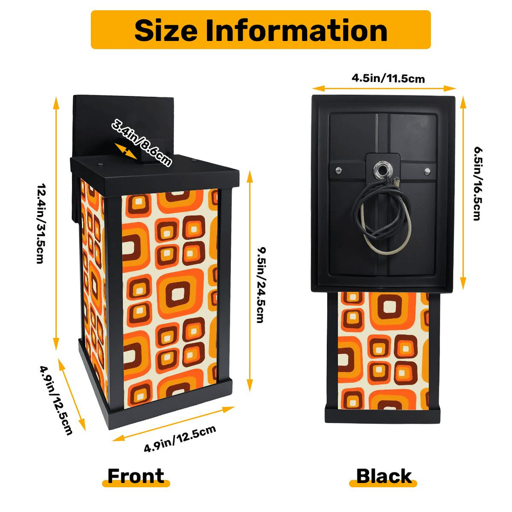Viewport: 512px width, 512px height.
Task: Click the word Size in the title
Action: coord(166,30)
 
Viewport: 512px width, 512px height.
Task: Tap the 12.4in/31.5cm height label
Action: coord(40,223)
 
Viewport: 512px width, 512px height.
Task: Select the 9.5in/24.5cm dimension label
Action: coord(261,285)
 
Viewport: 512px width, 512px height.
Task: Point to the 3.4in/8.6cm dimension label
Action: coord(141,143)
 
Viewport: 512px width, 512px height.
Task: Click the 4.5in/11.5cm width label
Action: coord(388,78)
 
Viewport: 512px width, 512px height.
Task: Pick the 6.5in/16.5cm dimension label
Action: coord(478,184)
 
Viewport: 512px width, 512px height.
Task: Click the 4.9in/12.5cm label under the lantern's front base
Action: coord(180,438)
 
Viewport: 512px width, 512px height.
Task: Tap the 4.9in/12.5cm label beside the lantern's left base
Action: coord(56,400)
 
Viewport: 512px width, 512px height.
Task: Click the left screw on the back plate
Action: coord(338,170)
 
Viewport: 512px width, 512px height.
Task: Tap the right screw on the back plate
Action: coord(427,171)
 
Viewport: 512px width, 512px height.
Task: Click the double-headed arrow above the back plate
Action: coord(384,88)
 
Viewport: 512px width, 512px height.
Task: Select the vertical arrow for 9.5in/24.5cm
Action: coord(250,281)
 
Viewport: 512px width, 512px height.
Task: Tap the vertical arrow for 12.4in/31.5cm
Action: coord(56,223)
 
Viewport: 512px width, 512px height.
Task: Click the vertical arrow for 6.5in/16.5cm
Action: coord(463,193)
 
